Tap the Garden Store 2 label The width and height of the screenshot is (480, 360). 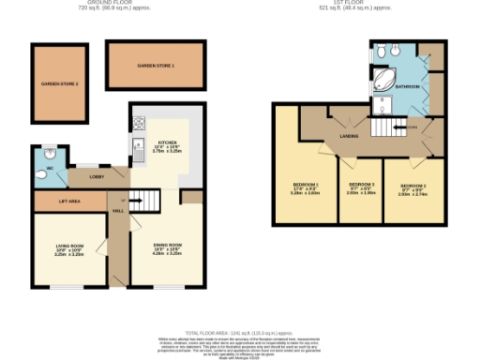tap(59, 84)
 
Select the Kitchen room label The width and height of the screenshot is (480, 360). tap(166, 142)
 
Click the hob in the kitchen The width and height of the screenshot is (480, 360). tap(138, 122)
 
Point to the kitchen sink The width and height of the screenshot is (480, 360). tap(137, 144)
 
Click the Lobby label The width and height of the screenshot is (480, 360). tap(97, 174)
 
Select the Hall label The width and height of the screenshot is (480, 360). tap(118, 211)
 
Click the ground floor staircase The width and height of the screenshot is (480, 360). tap(133, 198)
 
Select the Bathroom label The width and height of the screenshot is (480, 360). tap(408, 86)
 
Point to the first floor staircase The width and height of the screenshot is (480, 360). tap(384, 126)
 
